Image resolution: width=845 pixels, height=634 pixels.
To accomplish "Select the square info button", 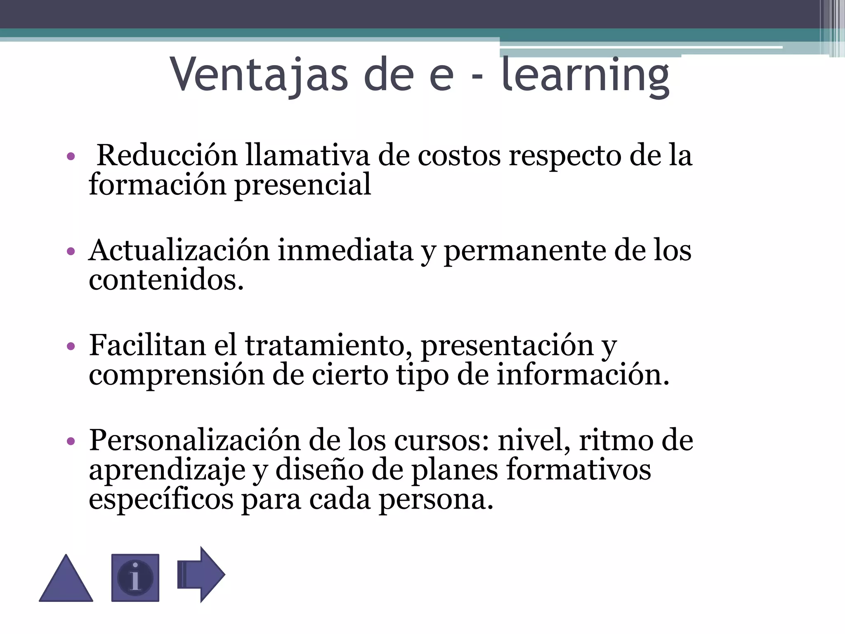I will click(x=135, y=577).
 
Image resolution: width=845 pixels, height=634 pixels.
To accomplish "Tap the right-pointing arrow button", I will click(x=201, y=574).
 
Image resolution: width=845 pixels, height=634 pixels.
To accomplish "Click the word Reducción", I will click(x=167, y=156).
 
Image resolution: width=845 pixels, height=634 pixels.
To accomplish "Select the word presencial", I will click(x=303, y=185).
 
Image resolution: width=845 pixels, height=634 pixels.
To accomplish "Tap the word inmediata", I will click(x=345, y=251).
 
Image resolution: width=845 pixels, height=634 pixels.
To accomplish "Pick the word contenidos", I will click(x=166, y=280).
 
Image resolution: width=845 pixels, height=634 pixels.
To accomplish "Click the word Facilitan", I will click(x=147, y=345).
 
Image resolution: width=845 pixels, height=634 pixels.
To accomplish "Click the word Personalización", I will click(x=195, y=440).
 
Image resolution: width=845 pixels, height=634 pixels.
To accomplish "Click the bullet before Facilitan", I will click(x=71, y=346).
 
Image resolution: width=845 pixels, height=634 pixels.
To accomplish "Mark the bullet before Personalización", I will click(x=71, y=441).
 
